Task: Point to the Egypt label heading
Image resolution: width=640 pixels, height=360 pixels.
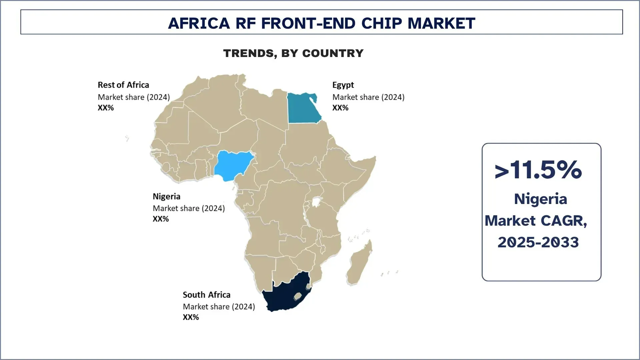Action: coord(343,85)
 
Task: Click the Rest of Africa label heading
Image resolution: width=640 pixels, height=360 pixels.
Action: coord(123,85)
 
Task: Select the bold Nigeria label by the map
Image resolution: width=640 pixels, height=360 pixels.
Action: coord(166,196)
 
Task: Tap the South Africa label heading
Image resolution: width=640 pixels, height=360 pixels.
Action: coord(206,295)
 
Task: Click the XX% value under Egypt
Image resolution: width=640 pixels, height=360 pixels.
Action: coord(340,108)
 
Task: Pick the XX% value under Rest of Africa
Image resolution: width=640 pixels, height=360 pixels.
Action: coord(106,108)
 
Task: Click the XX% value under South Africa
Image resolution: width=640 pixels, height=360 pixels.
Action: coord(191,317)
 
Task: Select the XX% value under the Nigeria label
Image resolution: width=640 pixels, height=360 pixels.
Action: coord(161,219)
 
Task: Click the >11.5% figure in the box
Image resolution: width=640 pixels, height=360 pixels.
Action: coord(538,170)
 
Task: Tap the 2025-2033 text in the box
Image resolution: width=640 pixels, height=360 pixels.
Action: coord(538,242)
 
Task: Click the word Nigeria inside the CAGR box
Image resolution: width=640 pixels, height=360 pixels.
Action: coord(540,199)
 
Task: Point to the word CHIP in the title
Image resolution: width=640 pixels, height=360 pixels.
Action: coord(382,23)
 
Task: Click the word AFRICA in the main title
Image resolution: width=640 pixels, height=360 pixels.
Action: coord(199,23)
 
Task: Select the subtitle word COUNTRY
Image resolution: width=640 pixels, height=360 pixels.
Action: coord(333,53)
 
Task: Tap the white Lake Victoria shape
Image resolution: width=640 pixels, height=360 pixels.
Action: coord(316,202)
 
